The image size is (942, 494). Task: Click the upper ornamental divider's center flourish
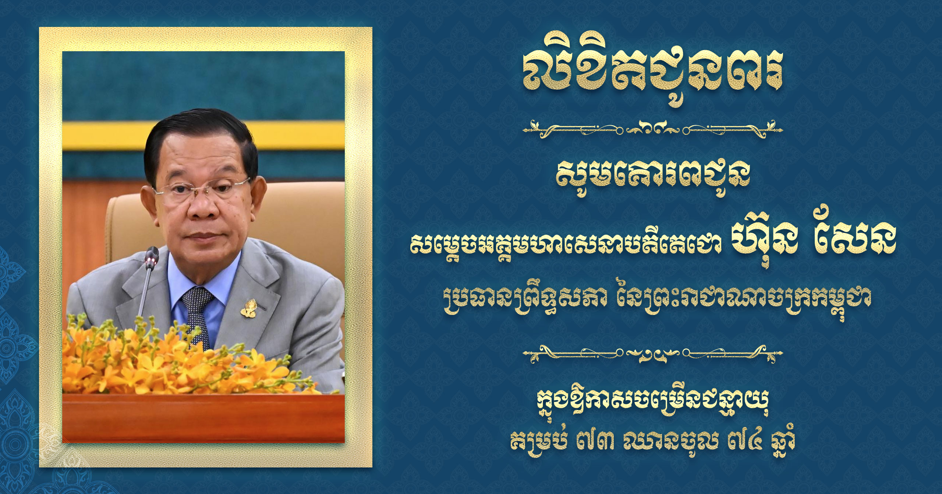652,130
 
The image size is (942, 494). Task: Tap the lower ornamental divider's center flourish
652,355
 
